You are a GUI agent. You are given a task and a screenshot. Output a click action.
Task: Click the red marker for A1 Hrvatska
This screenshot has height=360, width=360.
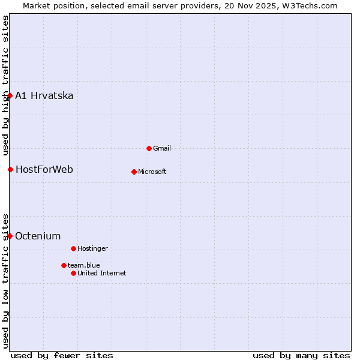click(x=10, y=96)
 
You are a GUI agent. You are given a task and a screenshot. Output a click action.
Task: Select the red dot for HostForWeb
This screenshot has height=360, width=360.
click(x=10, y=169)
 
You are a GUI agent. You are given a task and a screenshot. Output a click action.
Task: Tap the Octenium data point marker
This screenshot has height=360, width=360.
click(x=10, y=236)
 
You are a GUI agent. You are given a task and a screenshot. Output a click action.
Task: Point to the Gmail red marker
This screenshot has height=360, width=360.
click(x=149, y=148)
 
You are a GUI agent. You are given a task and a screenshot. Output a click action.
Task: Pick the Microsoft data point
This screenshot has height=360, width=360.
click(x=134, y=172)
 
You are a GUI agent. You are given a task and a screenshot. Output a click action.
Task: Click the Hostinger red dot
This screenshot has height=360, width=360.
click(x=73, y=248)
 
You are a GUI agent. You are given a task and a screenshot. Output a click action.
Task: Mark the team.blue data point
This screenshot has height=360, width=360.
click(x=64, y=265)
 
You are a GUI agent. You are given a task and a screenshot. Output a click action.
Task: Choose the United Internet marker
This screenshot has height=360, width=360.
click(x=73, y=273)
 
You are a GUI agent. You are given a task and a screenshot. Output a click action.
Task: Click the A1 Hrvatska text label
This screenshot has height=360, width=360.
click(x=44, y=96)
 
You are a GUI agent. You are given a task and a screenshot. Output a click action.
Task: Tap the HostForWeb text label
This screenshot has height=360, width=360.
click(x=44, y=169)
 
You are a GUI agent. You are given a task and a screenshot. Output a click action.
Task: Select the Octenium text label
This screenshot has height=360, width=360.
click(x=38, y=236)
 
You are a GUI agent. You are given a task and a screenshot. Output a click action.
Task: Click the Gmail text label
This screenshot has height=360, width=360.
click(x=162, y=148)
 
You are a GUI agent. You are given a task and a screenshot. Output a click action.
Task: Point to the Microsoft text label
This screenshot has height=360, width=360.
click(x=152, y=172)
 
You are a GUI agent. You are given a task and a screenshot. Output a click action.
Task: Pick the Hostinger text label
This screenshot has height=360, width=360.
click(x=92, y=248)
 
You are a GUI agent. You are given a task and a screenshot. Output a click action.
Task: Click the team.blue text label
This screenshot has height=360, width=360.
click(x=84, y=265)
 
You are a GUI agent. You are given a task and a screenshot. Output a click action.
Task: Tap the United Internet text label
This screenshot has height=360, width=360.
click(x=102, y=273)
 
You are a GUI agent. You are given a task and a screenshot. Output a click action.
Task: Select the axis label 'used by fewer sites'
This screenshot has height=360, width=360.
click(x=62, y=355)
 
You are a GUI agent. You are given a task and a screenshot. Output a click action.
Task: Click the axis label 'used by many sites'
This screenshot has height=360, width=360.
click(x=301, y=355)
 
